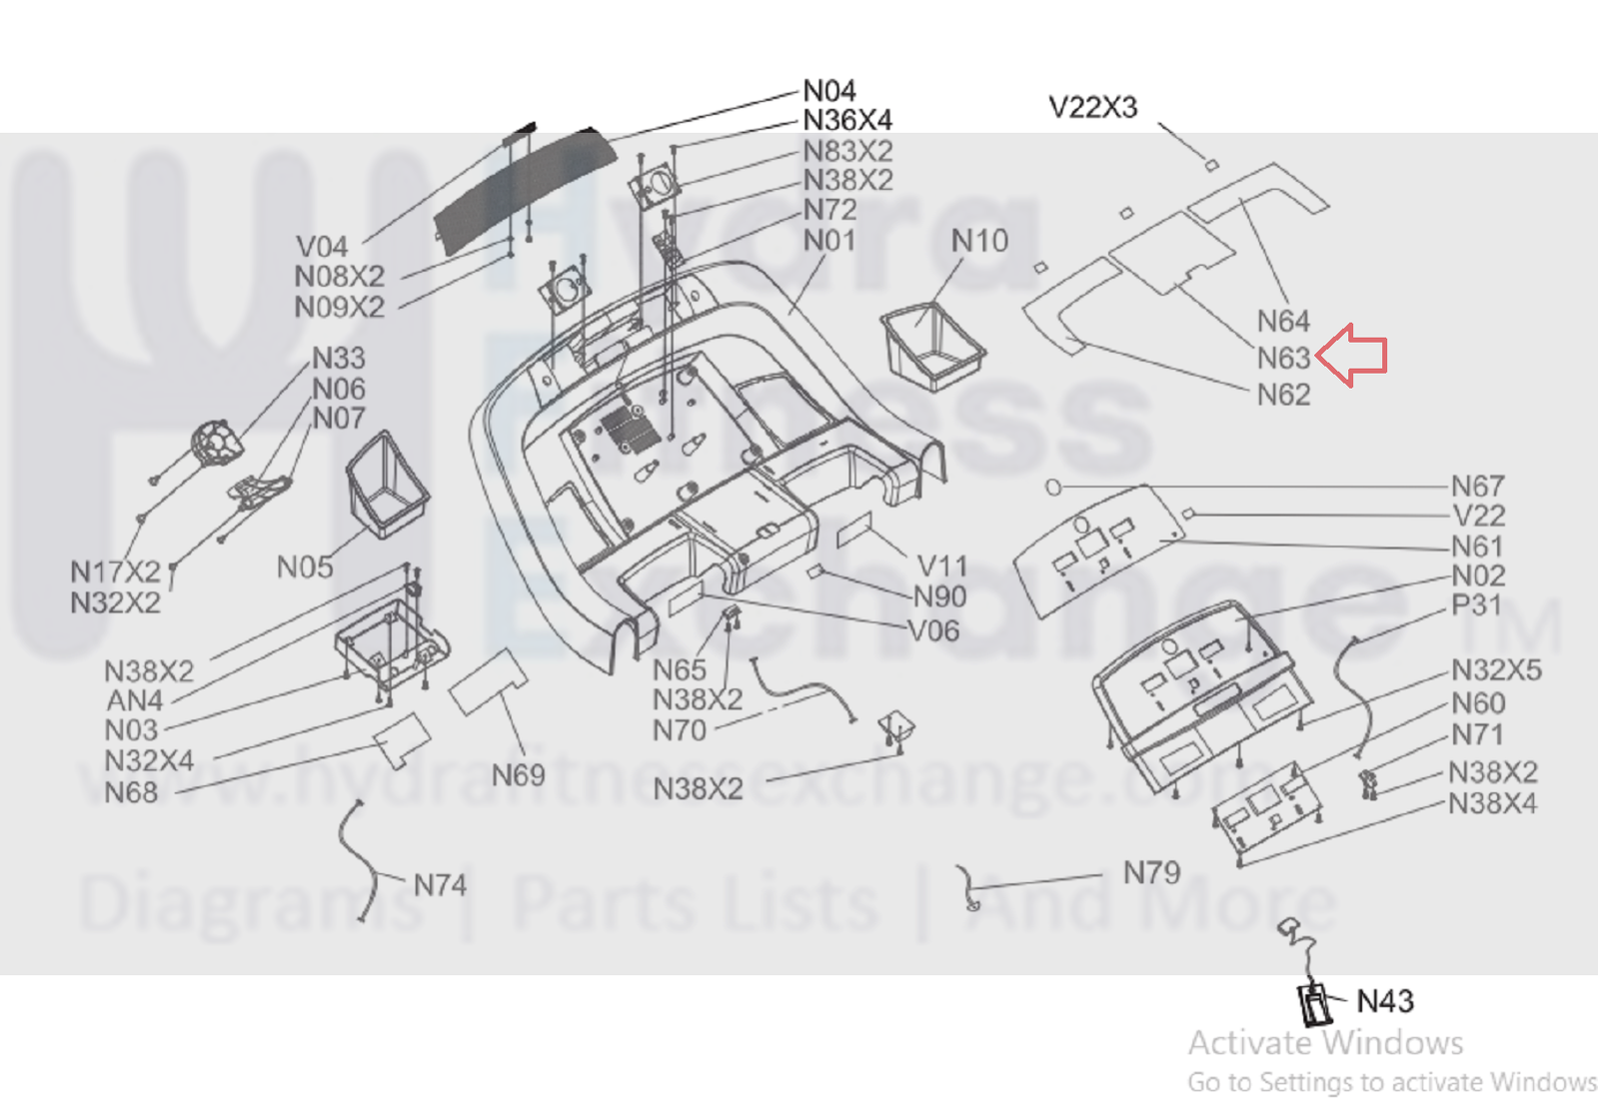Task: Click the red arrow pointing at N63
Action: (1353, 355)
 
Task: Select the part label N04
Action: (829, 91)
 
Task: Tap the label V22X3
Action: (1092, 107)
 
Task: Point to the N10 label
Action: (979, 241)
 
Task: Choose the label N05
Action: (305, 567)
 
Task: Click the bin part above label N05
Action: (387, 484)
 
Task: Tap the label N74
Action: (440, 885)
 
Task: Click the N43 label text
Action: (1385, 1001)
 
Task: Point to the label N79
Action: (1151, 872)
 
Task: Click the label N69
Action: (518, 774)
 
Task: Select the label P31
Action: (1476, 605)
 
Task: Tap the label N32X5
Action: (1496, 669)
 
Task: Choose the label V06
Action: (933, 630)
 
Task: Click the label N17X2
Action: (115, 571)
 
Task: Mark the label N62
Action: (1283, 395)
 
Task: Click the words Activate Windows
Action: (1325, 1043)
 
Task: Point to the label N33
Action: (339, 358)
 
